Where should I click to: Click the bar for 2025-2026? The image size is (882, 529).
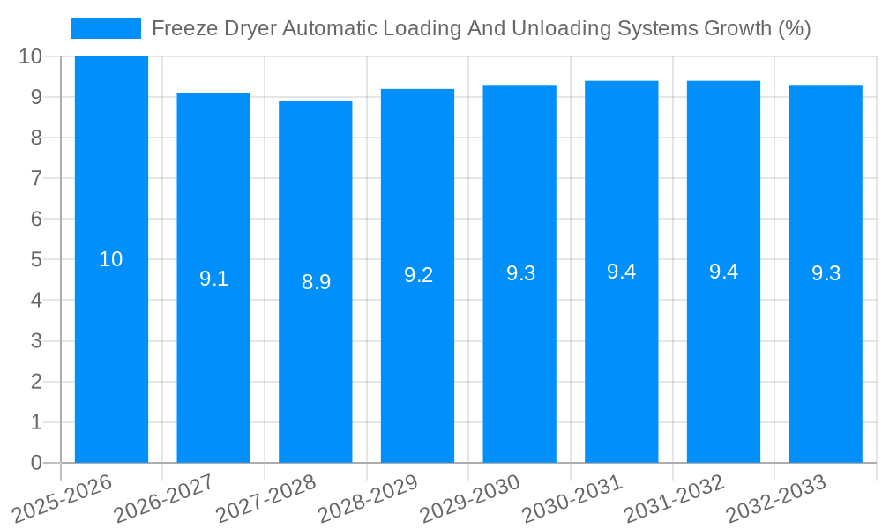(x=111, y=353)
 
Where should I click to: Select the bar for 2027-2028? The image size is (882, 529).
(x=316, y=370)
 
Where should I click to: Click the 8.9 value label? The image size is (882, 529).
(x=316, y=282)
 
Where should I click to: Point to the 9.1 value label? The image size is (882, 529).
(x=213, y=279)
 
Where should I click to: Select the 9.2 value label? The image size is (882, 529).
(x=418, y=275)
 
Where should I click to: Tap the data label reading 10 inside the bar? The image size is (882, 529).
(x=111, y=259)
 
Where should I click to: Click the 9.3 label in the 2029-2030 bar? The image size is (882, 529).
(x=520, y=273)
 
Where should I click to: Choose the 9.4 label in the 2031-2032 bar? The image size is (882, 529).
(x=723, y=272)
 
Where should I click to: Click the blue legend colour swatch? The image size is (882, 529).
(x=106, y=28)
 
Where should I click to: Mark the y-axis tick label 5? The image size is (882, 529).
(x=36, y=260)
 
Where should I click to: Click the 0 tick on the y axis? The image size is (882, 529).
(x=36, y=463)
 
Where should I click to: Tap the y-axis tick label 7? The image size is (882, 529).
(x=36, y=178)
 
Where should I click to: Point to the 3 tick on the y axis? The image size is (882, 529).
(x=36, y=341)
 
